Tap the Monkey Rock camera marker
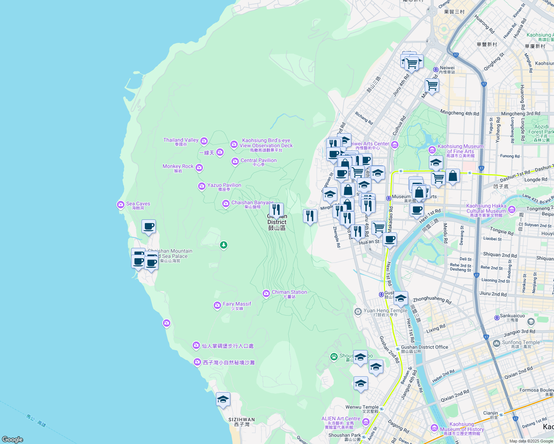199,168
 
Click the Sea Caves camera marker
120,204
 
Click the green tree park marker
223,245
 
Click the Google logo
13,440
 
